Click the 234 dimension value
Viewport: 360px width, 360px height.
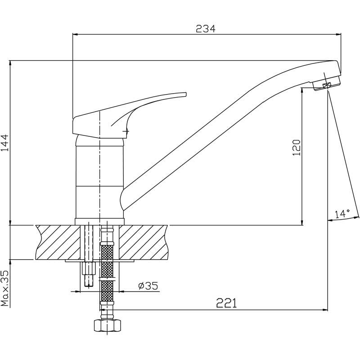[x=206, y=29]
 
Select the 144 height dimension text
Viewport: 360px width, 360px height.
[x=5, y=143]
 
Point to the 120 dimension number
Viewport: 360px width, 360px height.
[x=296, y=148]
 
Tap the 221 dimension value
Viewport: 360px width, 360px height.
[x=226, y=303]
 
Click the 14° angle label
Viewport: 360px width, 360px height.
[x=342, y=214]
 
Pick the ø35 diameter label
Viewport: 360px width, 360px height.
[x=148, y=286]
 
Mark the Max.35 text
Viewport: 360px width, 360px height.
[x=5, y=288]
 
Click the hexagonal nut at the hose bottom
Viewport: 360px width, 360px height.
[x=107, y=325]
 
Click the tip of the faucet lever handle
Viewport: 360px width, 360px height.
[x=186, y=94]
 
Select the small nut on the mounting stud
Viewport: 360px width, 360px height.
[x=89, y=268]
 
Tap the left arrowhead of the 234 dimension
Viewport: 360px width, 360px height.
[x=75, y=35]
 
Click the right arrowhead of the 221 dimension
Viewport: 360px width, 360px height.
[x=325, y=310]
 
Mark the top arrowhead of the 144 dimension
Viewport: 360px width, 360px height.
[x=10, y=63]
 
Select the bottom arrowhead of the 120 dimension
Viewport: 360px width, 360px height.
[x=302, y=222]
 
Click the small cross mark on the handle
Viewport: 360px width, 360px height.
[x=126, y=131]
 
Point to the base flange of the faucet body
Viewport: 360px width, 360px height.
[x=99, y=221]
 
